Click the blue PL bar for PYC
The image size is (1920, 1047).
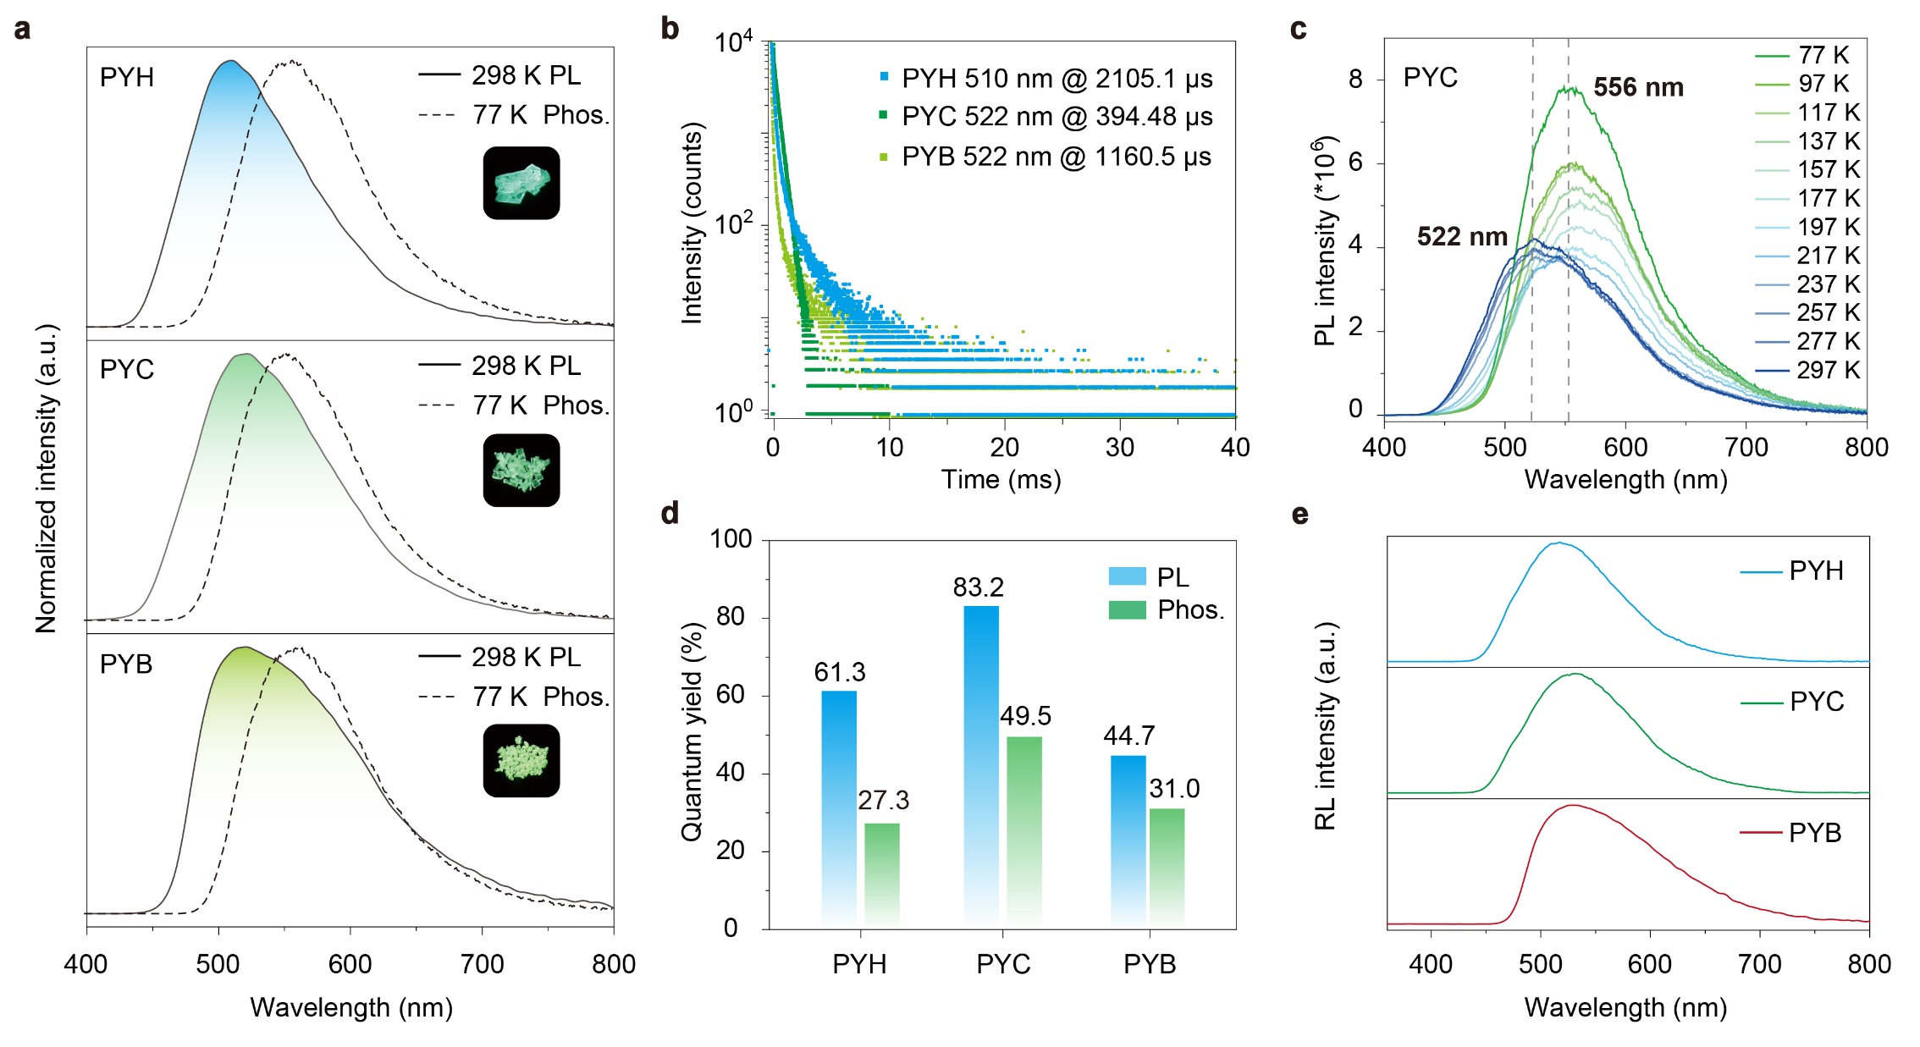tap(981, 762)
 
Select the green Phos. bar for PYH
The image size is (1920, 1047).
tap(882, 872)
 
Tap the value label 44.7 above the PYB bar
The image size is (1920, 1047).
tap(1128, 736)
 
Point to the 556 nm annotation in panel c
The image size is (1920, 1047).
tap(1638, 87)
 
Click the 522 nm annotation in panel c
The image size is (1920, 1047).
tap(1462, 236)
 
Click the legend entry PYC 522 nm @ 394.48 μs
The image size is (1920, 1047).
tap(1046, 117)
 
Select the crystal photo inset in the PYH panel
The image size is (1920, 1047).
tap(521, 183)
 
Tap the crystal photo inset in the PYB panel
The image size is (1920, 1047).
tap(521, 760)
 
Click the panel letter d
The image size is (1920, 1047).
tap(670, 513)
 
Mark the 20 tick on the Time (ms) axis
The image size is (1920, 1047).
tap(1004, 447)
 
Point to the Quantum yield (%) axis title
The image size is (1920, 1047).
tap(692, 732)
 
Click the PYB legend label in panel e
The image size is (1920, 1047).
tap(1815, 833)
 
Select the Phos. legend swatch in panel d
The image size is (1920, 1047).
tap(1127, 609)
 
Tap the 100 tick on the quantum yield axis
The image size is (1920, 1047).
tap(731, 539)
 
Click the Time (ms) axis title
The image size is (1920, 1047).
tap(1001, 480)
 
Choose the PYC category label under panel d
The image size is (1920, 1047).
tap(1003, 964)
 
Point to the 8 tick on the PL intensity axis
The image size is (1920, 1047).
tap(1355, 80)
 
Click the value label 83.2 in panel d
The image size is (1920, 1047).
tap(978, 587)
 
